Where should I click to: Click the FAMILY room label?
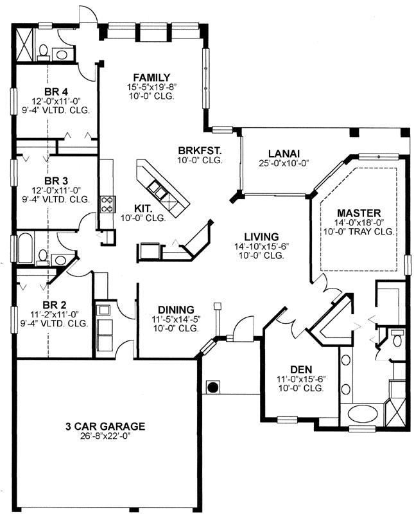pyautogui.click(x=151, y=76)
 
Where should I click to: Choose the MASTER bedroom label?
pyautogui.click(x=360, y=212)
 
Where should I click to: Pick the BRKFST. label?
pyautogui.click(x=200, y=151)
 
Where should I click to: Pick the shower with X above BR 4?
pyautogui.click(x=24, y=44)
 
